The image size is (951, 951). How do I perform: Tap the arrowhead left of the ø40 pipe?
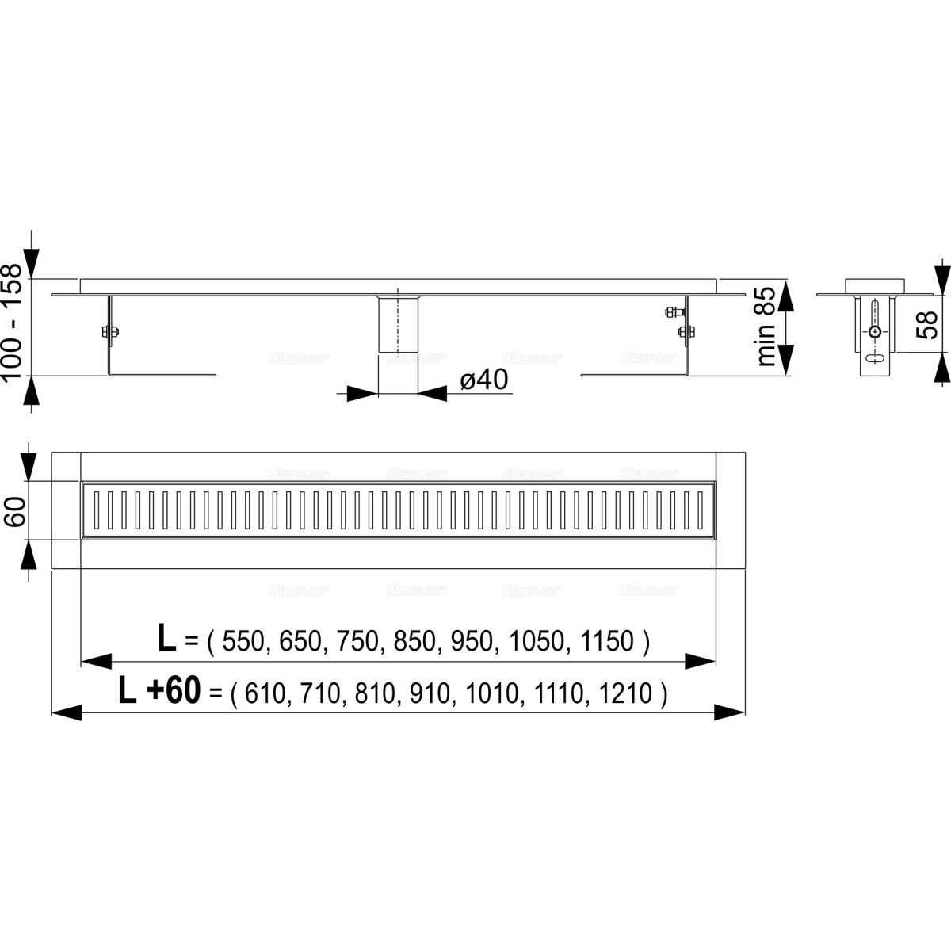pos(361,394)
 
